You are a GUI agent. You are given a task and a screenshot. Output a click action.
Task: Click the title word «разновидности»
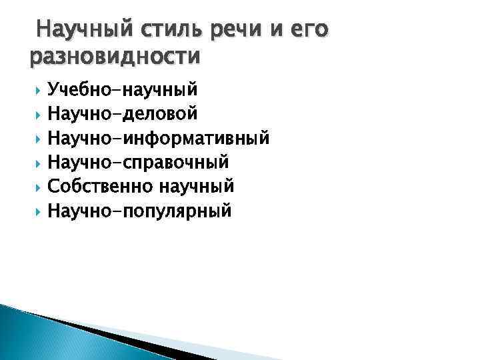(x=115, y=57)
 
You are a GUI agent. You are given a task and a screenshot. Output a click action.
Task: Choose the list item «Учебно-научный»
(x=124, y=90)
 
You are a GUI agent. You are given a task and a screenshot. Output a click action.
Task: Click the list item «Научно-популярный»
(x=140, y=211)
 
